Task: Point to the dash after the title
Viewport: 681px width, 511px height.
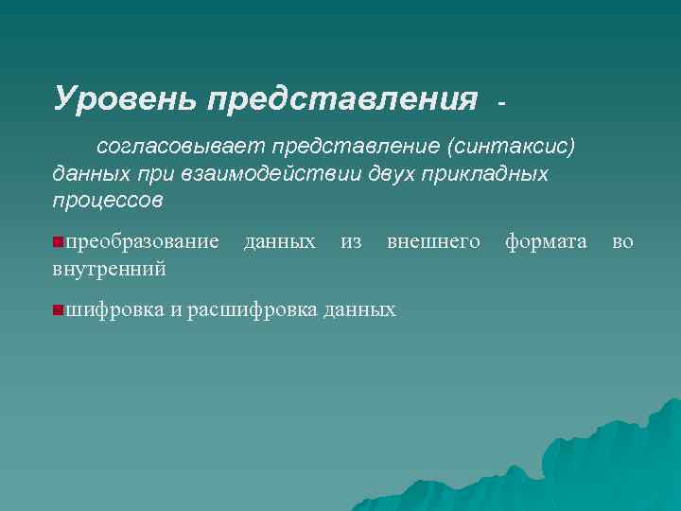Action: (x=502, y=99)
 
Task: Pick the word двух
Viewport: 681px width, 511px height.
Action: (x=396, y=175)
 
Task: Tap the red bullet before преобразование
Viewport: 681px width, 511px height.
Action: (x=59, y=243)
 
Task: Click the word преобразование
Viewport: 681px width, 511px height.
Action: (x=142, y=242)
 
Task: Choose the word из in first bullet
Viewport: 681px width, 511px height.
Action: (x=351, y=242)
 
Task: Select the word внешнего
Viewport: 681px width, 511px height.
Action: (x=433, y=242)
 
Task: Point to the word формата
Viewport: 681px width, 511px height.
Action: (x=546, y=242)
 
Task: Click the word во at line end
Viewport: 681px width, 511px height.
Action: (x=623, y=242)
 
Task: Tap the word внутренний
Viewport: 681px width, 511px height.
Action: (x=110, y=270)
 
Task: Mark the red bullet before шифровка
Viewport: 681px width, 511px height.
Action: (x=59, y=309)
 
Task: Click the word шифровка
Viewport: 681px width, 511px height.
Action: (x=114, y=309)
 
